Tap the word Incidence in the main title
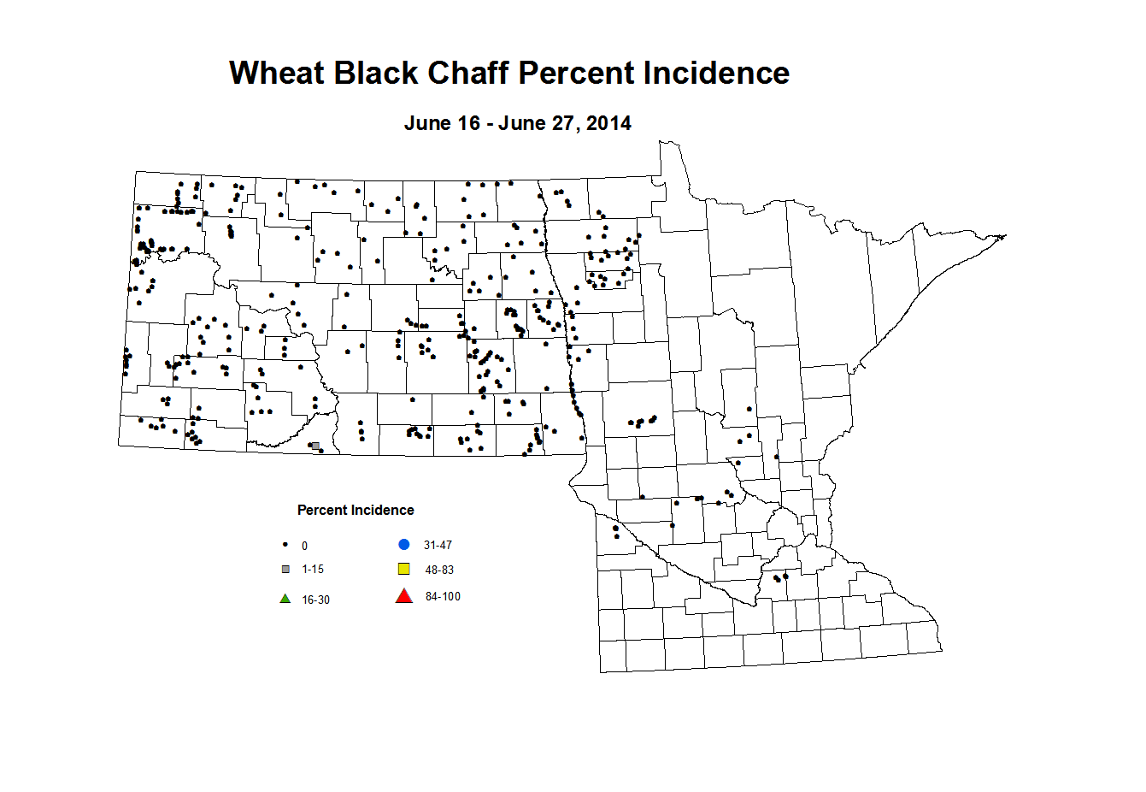[716, 74]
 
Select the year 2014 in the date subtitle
[608, 123]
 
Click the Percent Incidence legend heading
[356, 511]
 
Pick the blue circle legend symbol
[404, 545]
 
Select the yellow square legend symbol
[404, 570]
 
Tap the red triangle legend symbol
[404, 596]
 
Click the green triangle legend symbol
[285, 599]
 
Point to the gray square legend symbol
[285, 570]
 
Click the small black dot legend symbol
[285, 545]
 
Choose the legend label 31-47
[438, 546]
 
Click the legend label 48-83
[439, 570]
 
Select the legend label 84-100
[443, 597]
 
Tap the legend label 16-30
[315, 600]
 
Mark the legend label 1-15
[313, 570]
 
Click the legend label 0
[304, 547]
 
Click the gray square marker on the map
[315, 446]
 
